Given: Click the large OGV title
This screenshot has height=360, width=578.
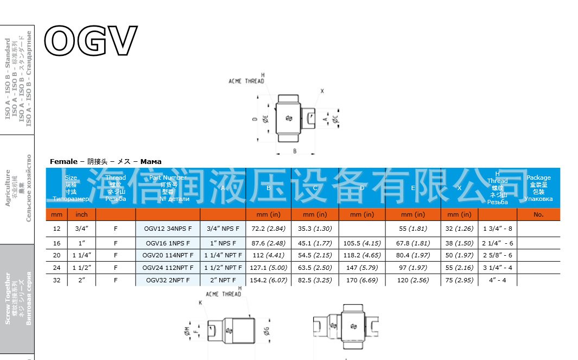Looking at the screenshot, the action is (90, 41).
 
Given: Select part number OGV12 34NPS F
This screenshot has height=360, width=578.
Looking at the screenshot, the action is (168, 229).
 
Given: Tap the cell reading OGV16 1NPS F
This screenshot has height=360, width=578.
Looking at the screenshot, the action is (168, 243).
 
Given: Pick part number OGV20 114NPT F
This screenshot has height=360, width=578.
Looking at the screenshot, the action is (168, 255).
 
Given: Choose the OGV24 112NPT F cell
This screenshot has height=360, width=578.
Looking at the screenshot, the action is (168, 268).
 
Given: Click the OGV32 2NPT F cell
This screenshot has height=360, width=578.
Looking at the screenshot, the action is (168, 280).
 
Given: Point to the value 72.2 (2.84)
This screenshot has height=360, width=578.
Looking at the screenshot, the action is (268, 229).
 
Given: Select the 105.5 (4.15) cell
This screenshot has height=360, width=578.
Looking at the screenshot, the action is (362, 243).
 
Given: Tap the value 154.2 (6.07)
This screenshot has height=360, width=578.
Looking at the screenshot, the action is (268, 280).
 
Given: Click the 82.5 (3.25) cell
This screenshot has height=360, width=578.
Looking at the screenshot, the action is (315, 280).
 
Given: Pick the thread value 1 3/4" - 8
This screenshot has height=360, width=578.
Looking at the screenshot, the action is (497, 229).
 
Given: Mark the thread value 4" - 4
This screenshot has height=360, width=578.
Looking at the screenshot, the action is (497, 280).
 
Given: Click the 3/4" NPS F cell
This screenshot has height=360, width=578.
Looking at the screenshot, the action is (223, 229).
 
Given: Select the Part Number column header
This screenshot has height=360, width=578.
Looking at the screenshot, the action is (168, 188).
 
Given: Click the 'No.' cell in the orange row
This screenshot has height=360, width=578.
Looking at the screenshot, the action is (538, 214).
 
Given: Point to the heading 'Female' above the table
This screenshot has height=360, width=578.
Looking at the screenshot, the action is (63, 161).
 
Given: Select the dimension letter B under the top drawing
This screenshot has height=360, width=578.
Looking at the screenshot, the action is (295, 151).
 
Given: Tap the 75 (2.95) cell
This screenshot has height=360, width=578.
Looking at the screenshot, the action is (459, 280).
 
